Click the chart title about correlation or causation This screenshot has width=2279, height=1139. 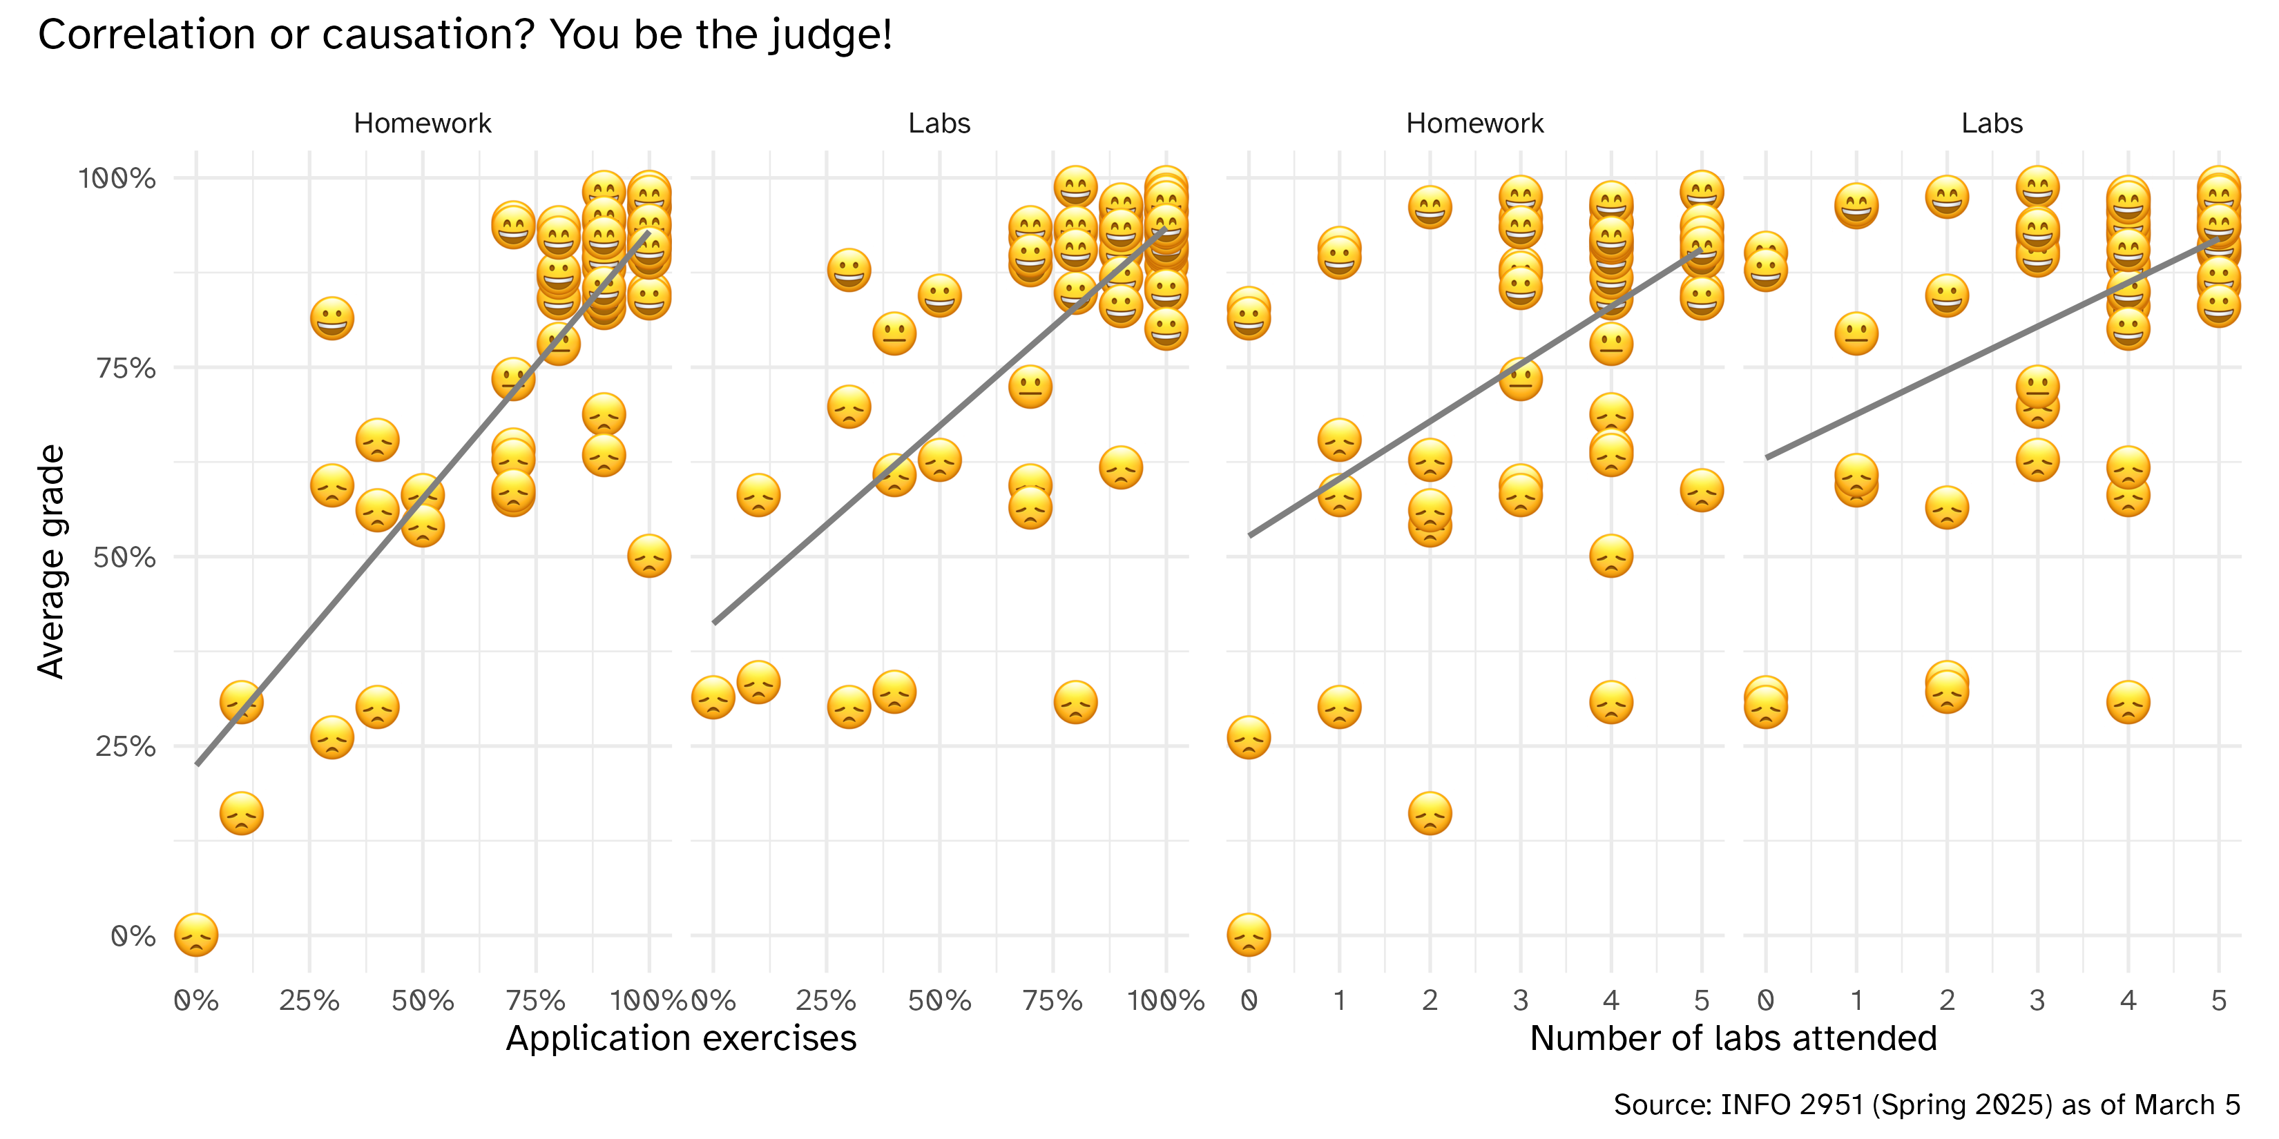tap(465, 35)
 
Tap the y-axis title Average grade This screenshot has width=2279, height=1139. tap(51, 561)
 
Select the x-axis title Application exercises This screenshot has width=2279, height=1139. tap(680, 1038)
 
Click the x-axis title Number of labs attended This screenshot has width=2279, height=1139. tap(1733, 1038)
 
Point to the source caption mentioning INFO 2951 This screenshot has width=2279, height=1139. tap(1926, 1104)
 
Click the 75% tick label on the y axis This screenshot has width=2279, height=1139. tap(126, 368)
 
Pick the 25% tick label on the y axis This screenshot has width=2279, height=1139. tap(126, 746)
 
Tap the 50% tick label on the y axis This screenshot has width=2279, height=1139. tap(126, 557)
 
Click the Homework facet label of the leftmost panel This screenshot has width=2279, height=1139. tap(423, 123)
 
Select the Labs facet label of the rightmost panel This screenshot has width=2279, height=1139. tap(1992, 123)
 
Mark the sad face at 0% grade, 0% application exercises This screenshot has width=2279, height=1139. tap(196, 935)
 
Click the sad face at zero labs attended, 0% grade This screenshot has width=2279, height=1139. tap(1249, 935)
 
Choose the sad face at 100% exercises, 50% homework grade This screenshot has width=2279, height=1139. tap(648, 556)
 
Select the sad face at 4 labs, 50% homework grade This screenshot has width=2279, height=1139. tap(1610, 556)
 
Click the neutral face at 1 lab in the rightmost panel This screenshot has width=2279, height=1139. tap(1856, 334)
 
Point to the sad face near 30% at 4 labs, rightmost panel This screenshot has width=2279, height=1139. tap(2128, 703)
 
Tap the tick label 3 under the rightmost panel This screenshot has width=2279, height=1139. tap(2037, 1000)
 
